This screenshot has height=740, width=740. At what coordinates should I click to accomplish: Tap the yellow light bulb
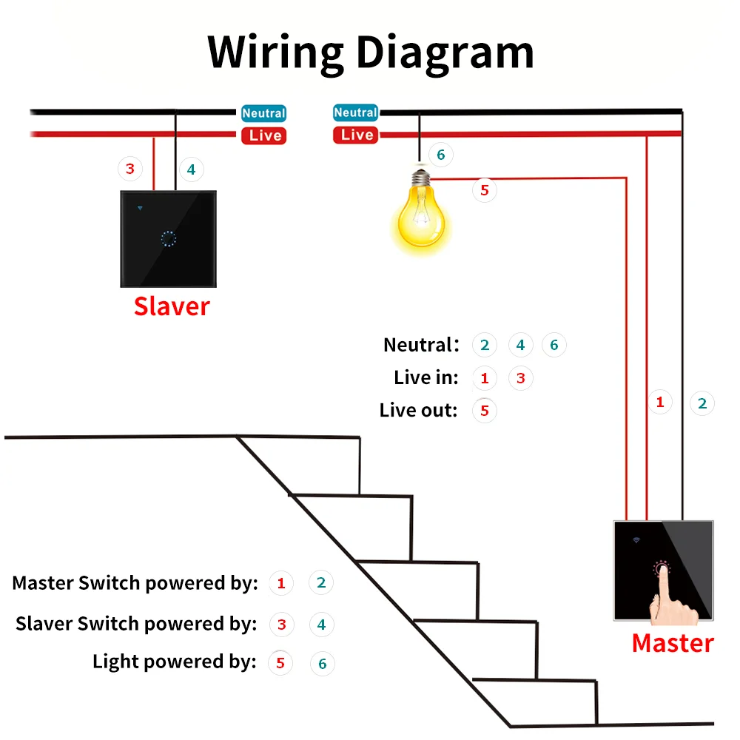coord(420,215)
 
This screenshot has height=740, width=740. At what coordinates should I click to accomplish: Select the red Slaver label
coord(172,306)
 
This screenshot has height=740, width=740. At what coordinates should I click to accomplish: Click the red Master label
coord(672,643)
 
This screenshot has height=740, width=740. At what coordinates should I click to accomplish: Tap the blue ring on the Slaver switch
coord(168,239)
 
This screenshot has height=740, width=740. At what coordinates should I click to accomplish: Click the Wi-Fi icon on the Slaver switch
coord(141,208)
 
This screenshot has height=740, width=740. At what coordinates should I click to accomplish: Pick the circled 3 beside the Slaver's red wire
coord(130,169)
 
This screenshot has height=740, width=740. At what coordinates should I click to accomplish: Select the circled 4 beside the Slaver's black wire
coord(191,169)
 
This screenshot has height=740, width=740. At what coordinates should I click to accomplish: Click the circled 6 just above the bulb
coord(440,155)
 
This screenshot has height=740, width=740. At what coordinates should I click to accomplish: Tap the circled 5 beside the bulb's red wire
coord(485,190)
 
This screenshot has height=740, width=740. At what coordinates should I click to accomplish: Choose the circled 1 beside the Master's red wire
coord(660,403)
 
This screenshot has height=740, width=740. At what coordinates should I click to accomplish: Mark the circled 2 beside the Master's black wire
coord(702,403)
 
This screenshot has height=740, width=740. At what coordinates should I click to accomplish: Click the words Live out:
coord(419,410)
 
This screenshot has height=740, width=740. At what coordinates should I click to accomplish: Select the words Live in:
coord(426,377)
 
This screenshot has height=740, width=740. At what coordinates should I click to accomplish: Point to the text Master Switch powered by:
coord(135,583)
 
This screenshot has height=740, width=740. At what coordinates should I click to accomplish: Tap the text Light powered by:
coord(174,662)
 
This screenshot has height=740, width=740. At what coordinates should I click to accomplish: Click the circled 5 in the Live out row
coord(485,410)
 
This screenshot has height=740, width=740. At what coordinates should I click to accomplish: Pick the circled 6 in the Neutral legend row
coord(554,345)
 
